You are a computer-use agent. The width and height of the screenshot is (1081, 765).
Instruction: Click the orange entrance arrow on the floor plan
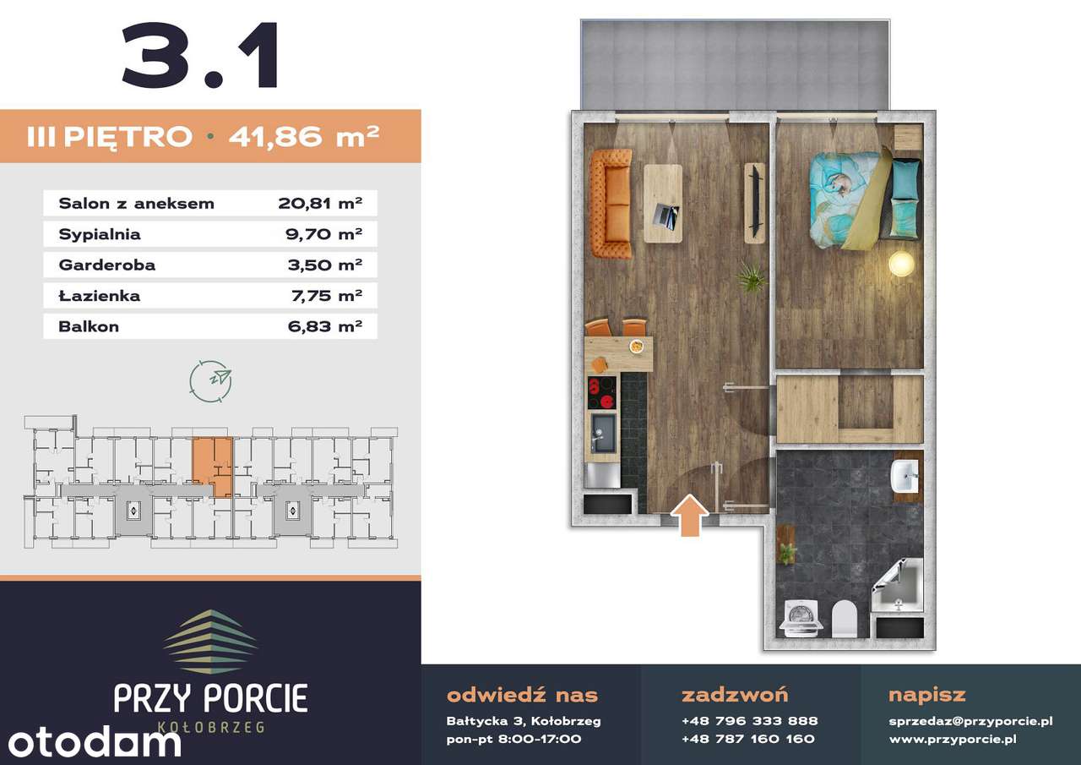coord(689,516)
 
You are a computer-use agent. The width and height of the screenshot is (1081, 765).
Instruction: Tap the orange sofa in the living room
coord(611,204)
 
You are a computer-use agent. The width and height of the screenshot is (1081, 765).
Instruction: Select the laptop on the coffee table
coord(665,216)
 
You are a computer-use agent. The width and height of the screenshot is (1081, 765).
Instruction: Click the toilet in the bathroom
coord(844,619)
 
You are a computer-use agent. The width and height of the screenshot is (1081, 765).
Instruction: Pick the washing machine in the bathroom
coord(801,618)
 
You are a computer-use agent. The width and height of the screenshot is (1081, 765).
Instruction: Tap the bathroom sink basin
coord(904,476)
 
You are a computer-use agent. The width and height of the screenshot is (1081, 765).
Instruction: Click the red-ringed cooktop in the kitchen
coord(602,393)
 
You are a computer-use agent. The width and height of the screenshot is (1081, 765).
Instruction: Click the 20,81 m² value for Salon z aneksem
coord(320,203)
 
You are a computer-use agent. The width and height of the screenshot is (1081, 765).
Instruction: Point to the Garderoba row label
coord(107,265)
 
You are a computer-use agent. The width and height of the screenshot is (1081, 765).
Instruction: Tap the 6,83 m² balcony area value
coord(325,326)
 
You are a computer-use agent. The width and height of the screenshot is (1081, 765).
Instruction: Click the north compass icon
coord(211,381)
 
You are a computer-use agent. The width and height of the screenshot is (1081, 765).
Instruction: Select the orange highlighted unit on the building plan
coord(213,465)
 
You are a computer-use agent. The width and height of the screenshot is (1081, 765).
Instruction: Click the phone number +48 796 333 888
coord(750,721)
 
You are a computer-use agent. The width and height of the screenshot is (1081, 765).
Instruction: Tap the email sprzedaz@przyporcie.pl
coord(970,721)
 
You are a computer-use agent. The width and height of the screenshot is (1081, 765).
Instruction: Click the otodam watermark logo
coord(95,743)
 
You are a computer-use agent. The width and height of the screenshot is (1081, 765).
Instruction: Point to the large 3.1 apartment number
coord(201,55)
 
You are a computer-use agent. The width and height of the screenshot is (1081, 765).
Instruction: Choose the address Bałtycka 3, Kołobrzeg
coord(524,721)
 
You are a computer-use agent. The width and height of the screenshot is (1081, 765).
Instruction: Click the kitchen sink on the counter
coord(603,433)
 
